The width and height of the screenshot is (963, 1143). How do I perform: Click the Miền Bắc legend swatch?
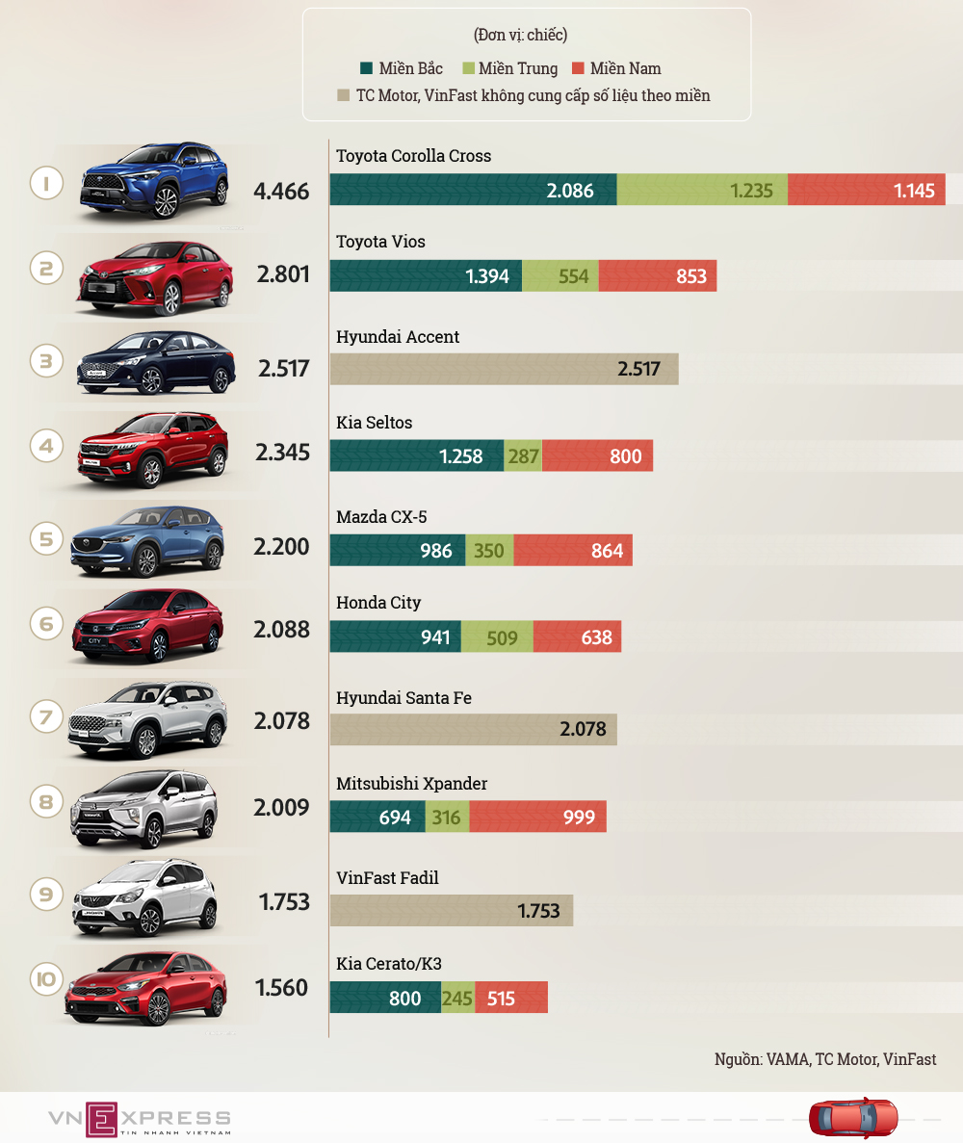coord(366,68)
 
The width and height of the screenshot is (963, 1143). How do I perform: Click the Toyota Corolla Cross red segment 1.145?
coord(867,190)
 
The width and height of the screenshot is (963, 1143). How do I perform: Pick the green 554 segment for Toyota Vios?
coord(560,276)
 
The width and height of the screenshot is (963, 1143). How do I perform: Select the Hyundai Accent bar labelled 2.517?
coord(504,369)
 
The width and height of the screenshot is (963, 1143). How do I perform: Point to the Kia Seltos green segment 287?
coord(523,455)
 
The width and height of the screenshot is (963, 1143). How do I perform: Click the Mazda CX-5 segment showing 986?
coord(398,551)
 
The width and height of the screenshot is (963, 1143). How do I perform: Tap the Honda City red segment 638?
coord(577,636)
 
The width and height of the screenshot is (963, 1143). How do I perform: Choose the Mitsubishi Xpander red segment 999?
coord(537,818)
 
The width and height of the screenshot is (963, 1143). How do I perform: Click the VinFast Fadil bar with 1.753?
coord(451,910)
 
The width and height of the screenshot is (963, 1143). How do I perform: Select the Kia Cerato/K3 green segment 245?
coord(457,998)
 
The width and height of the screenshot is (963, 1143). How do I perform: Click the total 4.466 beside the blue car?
coord(281,191)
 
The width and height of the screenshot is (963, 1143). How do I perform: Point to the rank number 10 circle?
coord(46,981)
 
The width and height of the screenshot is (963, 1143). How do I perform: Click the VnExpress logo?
coord(141,1119)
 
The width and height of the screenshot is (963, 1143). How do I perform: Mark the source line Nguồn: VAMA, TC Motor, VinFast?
coord(825,1059)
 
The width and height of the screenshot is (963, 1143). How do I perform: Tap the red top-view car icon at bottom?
coord(852,1118)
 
